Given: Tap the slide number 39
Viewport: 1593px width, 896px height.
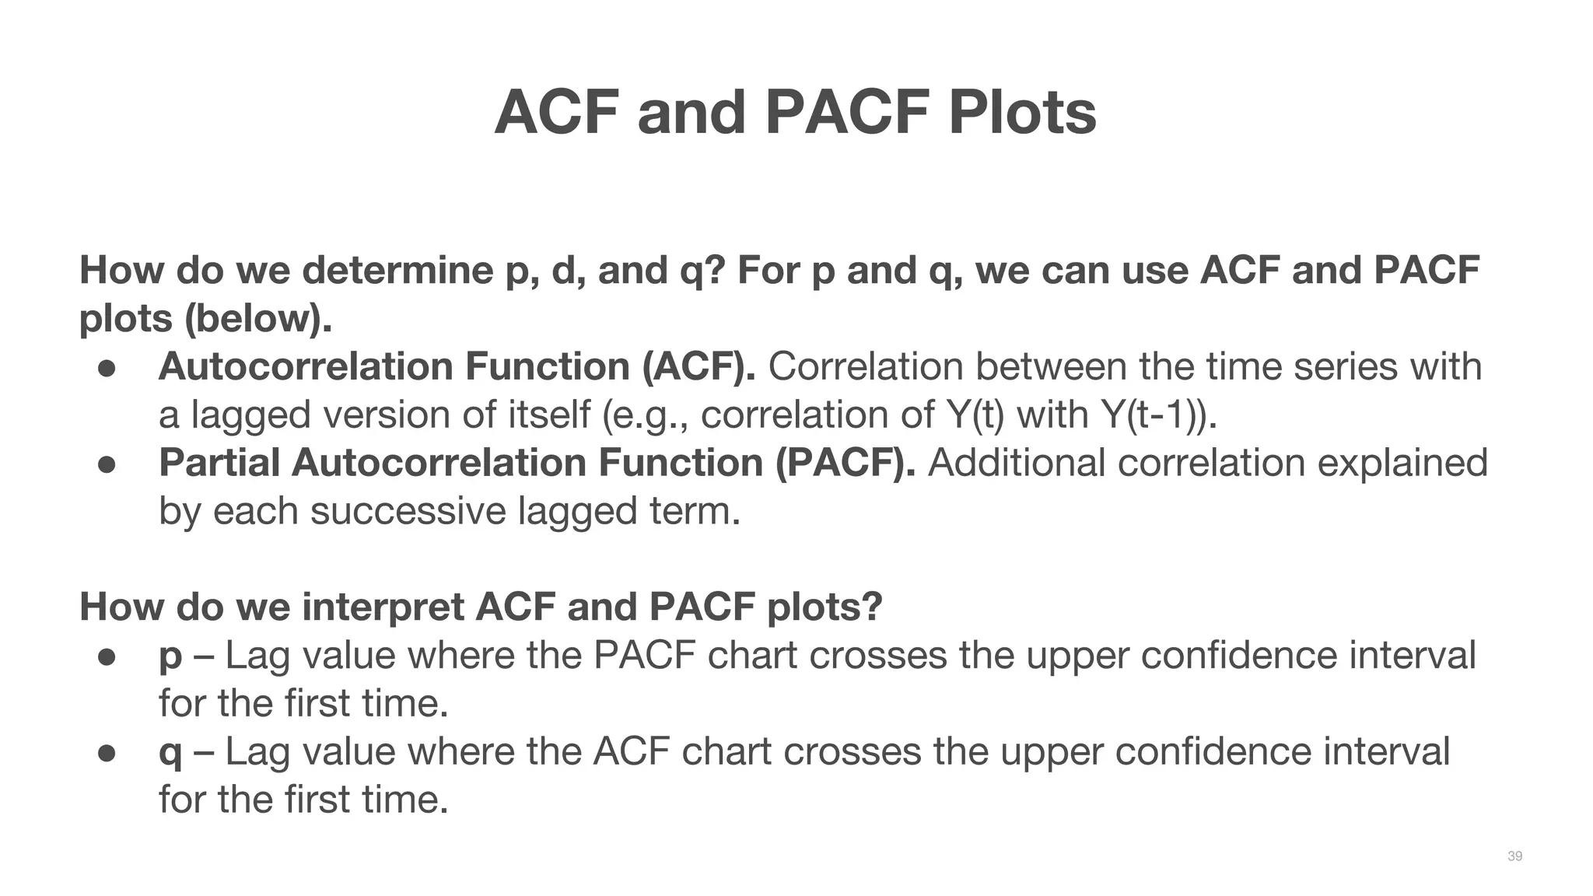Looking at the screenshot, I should coord(1514,856).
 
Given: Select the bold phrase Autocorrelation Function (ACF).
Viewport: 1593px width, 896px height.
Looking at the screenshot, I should coord(457,366).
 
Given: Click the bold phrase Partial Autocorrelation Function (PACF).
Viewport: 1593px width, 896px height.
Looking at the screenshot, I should coord(537,463).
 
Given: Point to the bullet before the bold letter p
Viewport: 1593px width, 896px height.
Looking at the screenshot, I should coord(107,656).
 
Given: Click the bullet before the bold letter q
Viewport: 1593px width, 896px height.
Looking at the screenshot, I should coord(107,753).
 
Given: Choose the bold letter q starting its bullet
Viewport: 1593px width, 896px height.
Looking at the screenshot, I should coord(170,753).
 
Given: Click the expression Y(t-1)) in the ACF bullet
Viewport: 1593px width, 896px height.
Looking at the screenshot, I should coord(1159,415).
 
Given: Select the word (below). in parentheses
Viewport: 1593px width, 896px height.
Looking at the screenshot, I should coord(257,319).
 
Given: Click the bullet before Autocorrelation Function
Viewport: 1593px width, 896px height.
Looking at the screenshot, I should coord(107,368).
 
